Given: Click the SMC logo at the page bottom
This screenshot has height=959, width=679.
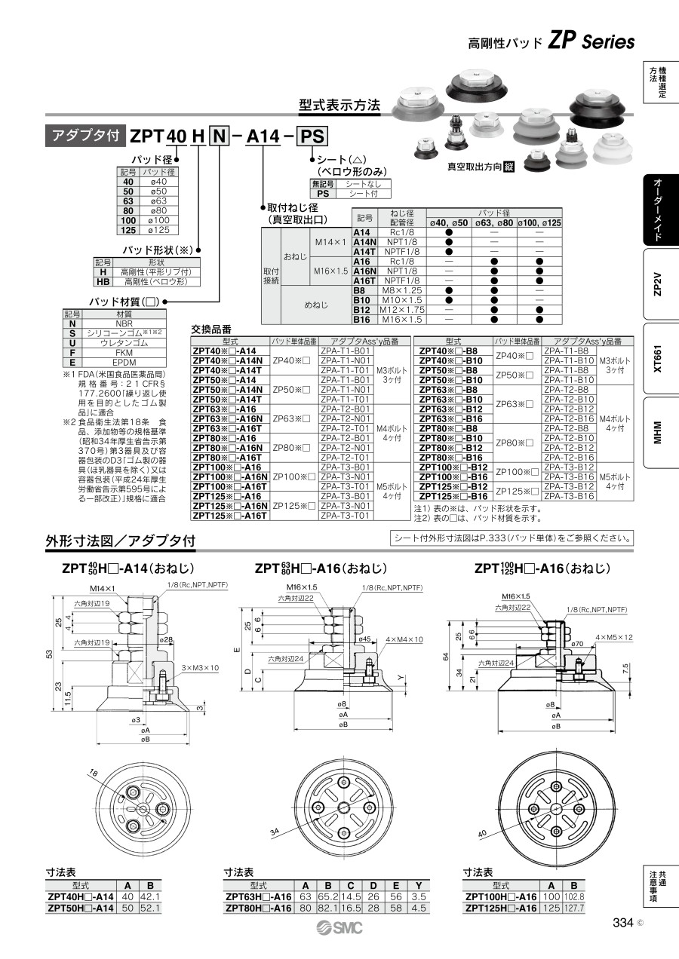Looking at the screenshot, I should [x=339, y=928].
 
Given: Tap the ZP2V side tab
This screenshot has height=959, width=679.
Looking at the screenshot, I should [x=657, y=283].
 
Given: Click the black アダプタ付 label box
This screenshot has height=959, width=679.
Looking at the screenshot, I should [x=86, y=136].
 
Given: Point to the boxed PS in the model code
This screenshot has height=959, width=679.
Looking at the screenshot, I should [x=313, y=136].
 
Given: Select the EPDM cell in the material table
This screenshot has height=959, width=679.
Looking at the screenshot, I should [x=124, y=362].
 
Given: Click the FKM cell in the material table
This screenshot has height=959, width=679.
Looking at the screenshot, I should [x=124, y=352].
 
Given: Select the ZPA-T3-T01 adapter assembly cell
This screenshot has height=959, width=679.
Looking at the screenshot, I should [x=346, y=516].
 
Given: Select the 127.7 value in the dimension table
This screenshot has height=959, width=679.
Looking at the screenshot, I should [x=574, y=908].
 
